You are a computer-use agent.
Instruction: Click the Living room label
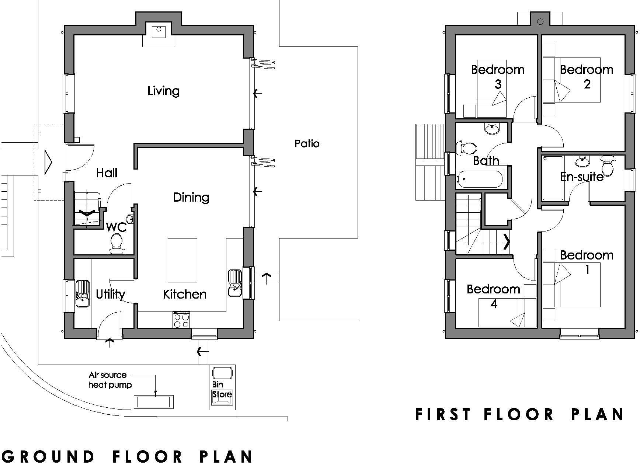coord(163,91)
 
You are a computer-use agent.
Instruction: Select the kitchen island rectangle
coord(182,260)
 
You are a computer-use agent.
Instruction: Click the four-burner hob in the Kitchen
coord(182,320)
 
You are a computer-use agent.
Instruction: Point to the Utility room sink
coord(82,293)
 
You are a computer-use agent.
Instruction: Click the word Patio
coord(307,143)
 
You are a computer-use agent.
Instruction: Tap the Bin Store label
coord(222,390)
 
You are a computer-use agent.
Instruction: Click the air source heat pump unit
coord(153,401)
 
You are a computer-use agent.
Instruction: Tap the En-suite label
coord(581,177)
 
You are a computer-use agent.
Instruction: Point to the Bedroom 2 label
coord(587,76)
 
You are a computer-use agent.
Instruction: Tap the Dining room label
coord(191,198)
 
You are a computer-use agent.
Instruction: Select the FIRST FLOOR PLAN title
coord(519,414)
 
